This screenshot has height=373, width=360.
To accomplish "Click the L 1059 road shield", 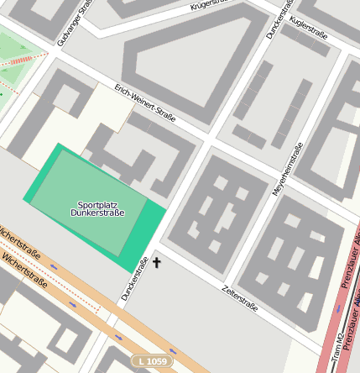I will pyautogui.click(x=152, y=361).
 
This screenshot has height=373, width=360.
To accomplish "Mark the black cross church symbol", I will pyautogui.click(x=155, y=263).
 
